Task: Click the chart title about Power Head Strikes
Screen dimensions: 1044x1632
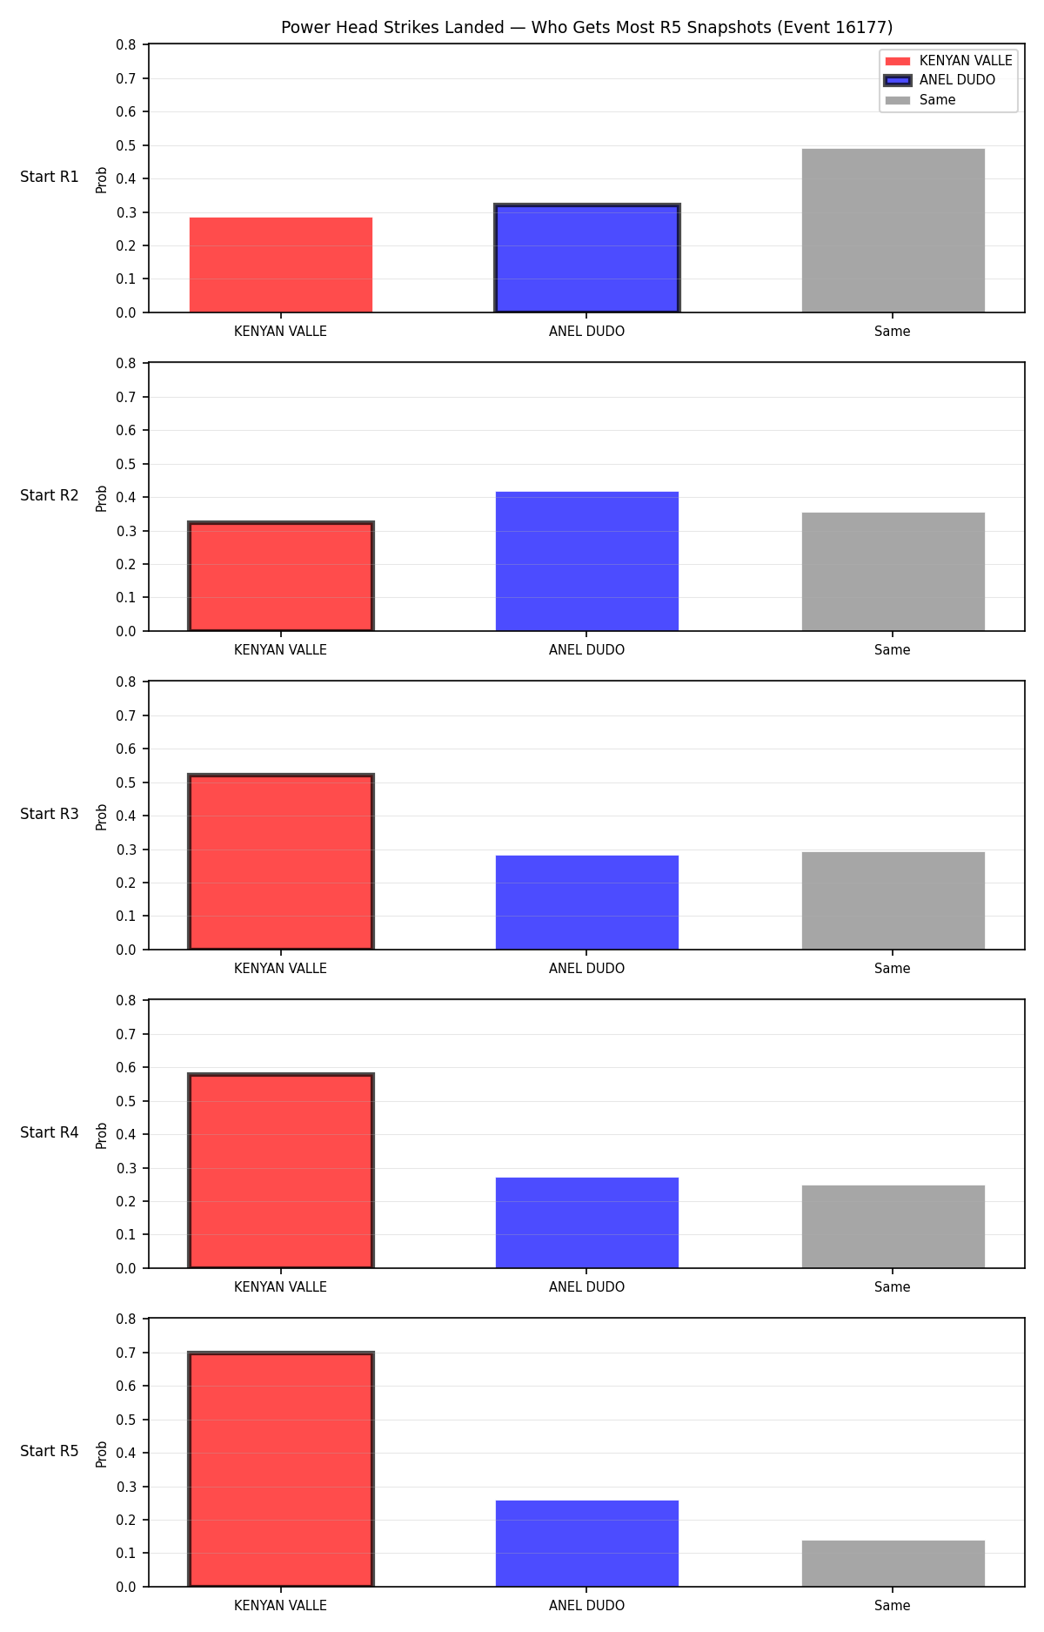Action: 586,28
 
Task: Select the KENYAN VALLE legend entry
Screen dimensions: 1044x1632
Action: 948,61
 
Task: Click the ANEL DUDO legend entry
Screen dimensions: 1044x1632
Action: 940,80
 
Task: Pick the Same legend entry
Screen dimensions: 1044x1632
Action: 920,100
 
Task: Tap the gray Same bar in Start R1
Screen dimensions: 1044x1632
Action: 893,231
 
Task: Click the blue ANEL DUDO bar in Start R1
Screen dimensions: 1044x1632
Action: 586,259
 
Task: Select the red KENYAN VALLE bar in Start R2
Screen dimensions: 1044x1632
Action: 281,576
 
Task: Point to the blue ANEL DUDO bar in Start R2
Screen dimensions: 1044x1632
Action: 586,561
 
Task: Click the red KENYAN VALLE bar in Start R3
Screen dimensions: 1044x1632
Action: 281,862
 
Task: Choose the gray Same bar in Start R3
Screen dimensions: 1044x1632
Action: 893,901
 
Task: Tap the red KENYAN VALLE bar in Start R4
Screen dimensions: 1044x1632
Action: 281,1171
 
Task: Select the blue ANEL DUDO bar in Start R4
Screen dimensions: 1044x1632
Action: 586,1223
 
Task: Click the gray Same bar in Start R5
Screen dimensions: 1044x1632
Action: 893,1563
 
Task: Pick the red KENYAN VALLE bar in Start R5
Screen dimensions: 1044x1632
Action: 281,1469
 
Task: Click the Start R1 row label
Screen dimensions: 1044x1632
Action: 50,177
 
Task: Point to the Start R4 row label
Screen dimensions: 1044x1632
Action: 50,1132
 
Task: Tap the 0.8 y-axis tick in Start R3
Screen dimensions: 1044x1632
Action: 127,682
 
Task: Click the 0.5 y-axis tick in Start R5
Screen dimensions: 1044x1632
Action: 127,1420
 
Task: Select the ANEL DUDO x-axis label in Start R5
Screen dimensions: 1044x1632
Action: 586,1606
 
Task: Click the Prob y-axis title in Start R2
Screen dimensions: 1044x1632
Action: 102,498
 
